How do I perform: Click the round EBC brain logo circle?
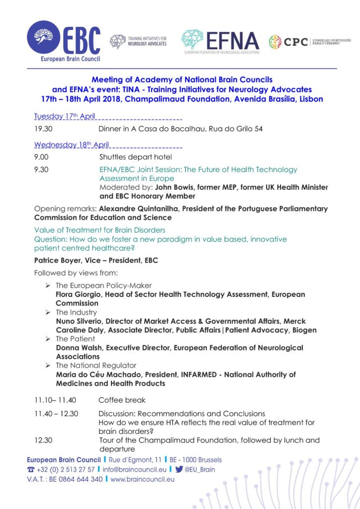[44, 38]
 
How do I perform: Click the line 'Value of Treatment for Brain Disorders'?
[100, 230]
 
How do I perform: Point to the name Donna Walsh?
[80, 348]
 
